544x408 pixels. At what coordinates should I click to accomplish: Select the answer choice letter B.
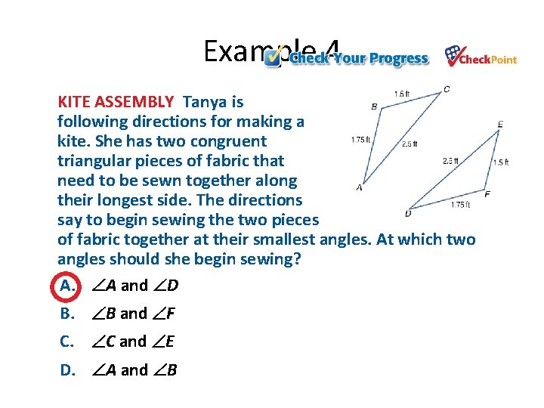point(66,314)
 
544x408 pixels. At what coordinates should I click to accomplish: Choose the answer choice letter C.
point(66,342)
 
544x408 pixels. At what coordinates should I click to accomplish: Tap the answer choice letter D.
point(67,369)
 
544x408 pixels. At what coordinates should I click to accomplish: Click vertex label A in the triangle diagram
point(359,187)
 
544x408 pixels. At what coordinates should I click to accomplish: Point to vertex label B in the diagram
point(374,107)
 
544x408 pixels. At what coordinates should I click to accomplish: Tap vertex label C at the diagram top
point(447,89)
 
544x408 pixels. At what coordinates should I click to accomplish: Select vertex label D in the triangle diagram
point(408,214)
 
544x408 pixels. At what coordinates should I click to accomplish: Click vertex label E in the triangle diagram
point(500,124)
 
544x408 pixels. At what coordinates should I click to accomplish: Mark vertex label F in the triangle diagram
point(487,195)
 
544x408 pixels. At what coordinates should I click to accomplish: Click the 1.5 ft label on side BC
point(402,94)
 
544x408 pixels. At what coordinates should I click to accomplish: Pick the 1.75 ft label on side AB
point(360,139)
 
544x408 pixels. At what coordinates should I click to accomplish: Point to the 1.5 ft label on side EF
point(501,162)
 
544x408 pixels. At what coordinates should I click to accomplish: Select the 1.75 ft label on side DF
point(459,205)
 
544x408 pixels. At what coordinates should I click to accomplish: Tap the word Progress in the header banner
point(398,59)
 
